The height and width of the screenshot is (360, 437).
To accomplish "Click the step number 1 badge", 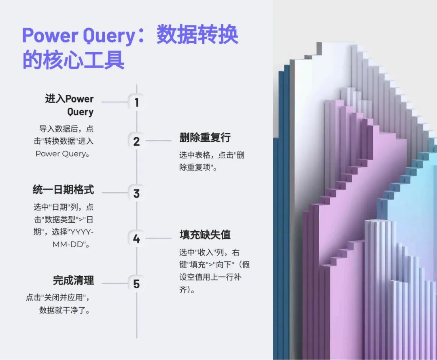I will pos(136,102).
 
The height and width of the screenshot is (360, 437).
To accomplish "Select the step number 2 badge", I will pos(136,141).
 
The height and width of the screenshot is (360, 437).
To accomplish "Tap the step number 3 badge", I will pos(136,193).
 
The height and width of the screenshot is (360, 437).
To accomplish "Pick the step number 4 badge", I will pos(136,239).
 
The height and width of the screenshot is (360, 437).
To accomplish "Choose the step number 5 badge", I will pos(136,284).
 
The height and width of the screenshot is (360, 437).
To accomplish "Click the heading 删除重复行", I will pos(205,138).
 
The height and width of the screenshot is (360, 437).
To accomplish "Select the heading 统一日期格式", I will pos(63,190).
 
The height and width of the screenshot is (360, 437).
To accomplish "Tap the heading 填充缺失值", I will pos(205,235).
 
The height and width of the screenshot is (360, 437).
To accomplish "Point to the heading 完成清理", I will pos(73,280).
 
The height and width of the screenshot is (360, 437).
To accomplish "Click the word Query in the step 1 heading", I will pos(80,112).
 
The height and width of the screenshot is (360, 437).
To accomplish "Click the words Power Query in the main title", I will pos(78,36).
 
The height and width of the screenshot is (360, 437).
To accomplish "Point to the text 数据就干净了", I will pos(64,310).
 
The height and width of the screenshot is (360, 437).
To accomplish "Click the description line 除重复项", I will pos(198,167).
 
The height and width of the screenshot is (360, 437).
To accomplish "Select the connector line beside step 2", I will pos(158,141).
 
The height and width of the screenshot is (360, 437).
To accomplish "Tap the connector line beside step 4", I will pos(158,238).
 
